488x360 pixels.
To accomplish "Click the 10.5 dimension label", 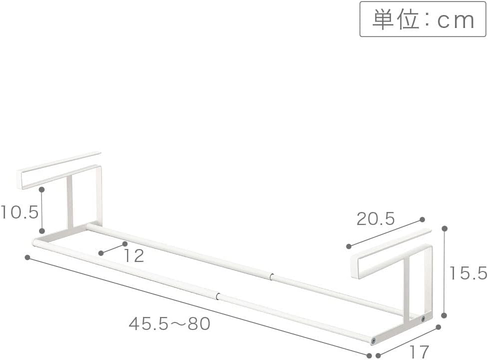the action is [x=19, y=212].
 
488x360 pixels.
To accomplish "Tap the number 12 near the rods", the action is [x=133, y=256].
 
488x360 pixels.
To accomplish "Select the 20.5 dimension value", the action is [x=375, y=218].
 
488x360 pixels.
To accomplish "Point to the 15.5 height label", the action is [x=467, y=273].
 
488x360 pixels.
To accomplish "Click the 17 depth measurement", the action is [x=419, y=351].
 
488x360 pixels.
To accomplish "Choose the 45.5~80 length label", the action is [x=169, y=324].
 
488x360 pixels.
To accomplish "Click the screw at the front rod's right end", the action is [x=373, y=340].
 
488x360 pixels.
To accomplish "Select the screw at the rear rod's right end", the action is [x=423, y=318].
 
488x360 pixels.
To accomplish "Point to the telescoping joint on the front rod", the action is [x=218, y=295].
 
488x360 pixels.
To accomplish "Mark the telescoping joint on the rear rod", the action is [x=270, y=276].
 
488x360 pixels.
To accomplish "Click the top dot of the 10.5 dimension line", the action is [x=42, y=190].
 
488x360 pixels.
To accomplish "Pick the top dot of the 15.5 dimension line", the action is [x=444, y=228].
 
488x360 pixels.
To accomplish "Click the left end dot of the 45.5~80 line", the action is [x=27, y=257].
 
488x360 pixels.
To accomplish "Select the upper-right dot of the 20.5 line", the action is [x=422, y=219].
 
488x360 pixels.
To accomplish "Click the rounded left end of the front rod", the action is [x=35, y=242].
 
